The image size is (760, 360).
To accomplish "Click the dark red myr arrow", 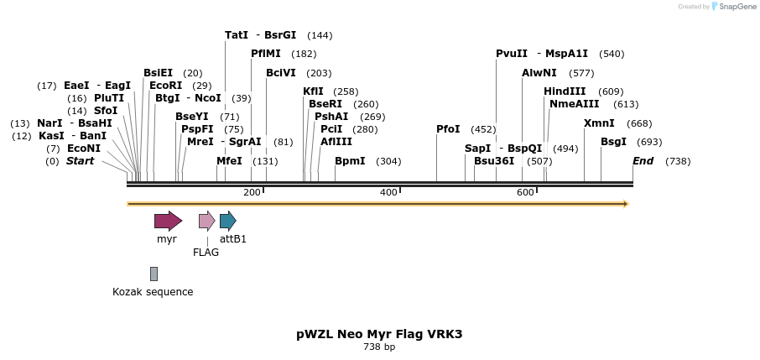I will [168, 221].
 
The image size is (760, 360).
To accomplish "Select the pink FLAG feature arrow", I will [206, 221].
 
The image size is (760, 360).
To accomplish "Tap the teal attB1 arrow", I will [227, 221].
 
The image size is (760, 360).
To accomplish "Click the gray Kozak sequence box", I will [154, 274].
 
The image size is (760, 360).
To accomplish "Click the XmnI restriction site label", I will [599, 123].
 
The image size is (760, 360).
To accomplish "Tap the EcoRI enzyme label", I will [165, 85].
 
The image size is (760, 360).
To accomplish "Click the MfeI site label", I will [229, 160].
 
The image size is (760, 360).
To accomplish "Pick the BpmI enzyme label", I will [350, 160].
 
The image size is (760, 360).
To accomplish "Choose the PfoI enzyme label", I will [448, 129].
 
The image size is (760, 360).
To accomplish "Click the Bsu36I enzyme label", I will [494, 160].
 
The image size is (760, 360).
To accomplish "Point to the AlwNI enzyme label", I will [539, 73].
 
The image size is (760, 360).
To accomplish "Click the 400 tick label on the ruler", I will [388, 193].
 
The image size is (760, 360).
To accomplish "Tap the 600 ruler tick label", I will [525, 193].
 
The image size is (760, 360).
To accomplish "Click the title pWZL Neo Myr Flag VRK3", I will [379, 334].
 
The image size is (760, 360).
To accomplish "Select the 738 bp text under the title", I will [379, 347].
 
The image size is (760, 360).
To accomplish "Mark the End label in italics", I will [643, 160].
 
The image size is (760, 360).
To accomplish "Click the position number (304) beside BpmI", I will [388, 161].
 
